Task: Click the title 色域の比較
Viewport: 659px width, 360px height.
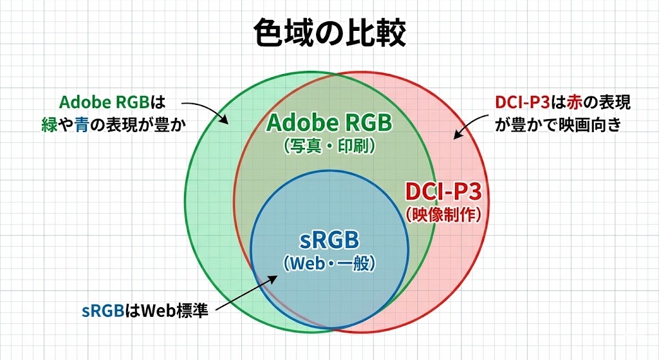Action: tap(330, 33)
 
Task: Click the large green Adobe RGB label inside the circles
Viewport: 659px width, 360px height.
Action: tap(329, 123)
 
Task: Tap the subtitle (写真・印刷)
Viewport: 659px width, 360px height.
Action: tap(329, 146)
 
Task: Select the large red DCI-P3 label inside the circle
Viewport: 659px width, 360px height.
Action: tap(443, 192)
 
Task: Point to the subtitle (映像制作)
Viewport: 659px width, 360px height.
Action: tap(443, 214)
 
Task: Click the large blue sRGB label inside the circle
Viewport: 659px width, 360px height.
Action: tap(329, 240)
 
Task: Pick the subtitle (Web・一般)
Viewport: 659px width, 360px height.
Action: tap(329, 263)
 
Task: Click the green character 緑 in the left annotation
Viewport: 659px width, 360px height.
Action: tap(49, 125)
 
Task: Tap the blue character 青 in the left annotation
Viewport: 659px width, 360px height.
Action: tap(82, 125)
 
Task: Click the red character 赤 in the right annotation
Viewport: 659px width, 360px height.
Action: tap(574, 102)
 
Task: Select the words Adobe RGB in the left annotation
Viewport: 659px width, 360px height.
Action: tap(104, 102)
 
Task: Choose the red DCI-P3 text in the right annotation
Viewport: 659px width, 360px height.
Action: tap(523, 102)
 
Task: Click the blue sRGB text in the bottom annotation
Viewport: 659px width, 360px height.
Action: tap(103, 311)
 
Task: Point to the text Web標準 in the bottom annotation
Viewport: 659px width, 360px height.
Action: tap(174, 311)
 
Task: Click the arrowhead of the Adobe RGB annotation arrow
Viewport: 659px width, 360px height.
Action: tap(225, 120)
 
